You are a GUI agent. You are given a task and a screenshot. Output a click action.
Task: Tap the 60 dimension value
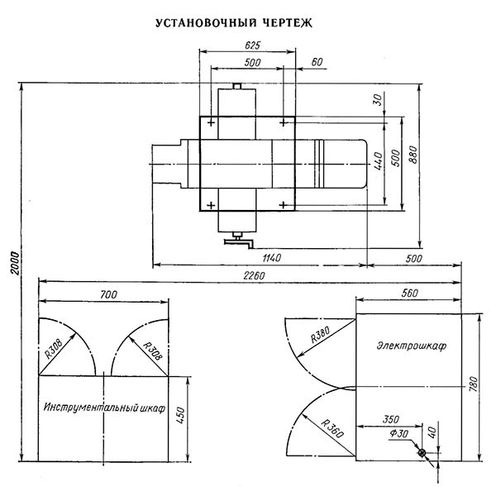click(x=316, y=63)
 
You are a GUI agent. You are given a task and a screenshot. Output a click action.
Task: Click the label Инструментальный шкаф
click(x=103, y=409)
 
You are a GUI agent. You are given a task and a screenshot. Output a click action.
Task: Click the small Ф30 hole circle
click(x=422, y=453)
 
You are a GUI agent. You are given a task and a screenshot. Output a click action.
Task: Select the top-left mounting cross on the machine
click(x=212, y=123)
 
